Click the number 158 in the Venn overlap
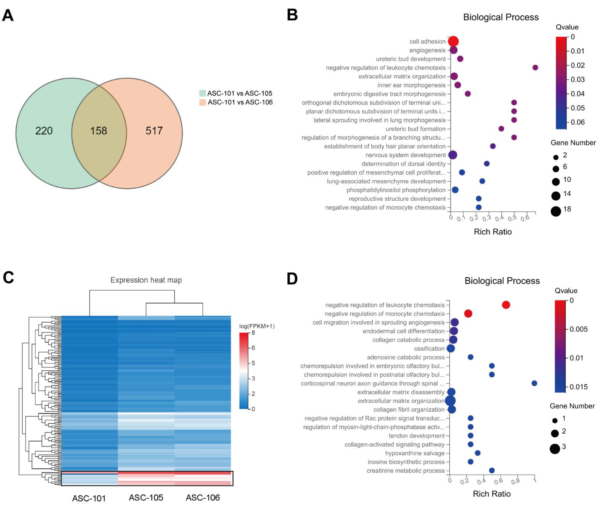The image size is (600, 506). click(99, 131)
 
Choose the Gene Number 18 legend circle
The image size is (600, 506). click(556, 211)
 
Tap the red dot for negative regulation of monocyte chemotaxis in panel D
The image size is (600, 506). click(468, 314)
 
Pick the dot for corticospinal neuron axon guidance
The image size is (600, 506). click(534, 383)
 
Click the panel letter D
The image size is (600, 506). click(292, 279)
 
